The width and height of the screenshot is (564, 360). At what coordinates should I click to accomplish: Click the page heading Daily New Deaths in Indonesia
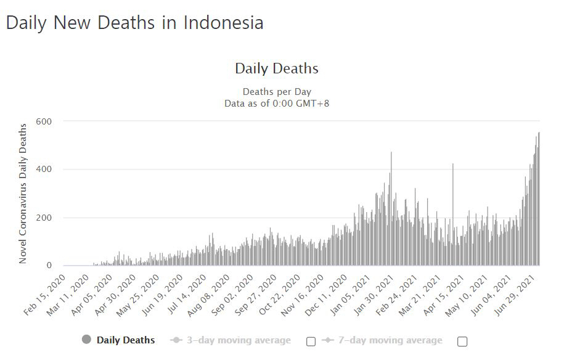134,23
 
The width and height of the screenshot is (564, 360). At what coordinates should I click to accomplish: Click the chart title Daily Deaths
277,68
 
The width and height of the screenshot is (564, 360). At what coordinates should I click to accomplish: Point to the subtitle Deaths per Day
277,92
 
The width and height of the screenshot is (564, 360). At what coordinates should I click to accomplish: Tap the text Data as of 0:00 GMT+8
277,103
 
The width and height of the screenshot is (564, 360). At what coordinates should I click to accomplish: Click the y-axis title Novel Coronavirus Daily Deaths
23,194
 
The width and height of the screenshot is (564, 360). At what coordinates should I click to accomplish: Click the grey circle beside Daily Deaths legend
86,340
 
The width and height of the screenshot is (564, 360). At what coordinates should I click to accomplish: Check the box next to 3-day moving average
311,341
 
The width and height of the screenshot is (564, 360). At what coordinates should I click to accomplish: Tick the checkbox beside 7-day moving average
462,341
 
